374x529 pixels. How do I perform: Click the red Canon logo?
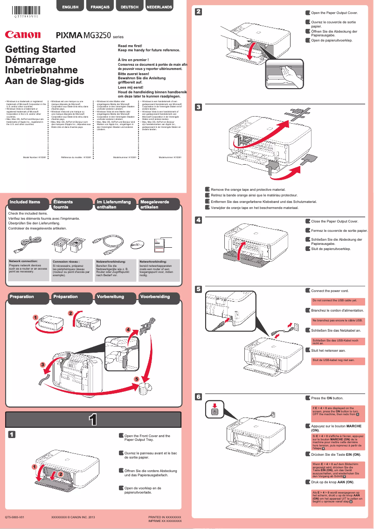tap(23, 35)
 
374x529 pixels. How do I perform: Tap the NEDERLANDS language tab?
tap(159, 7)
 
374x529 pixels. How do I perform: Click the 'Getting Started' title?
tap(40, 49)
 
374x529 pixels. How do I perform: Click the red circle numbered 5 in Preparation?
tap(137, 378)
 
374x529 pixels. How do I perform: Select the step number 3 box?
tap(198, 107)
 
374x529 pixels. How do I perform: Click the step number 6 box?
tap(198, 397)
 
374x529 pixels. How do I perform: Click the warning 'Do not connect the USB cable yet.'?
tap(334, 301)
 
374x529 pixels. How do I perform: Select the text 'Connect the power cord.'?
tap(330, 291)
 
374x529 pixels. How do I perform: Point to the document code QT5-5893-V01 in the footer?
tap(14, 518)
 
